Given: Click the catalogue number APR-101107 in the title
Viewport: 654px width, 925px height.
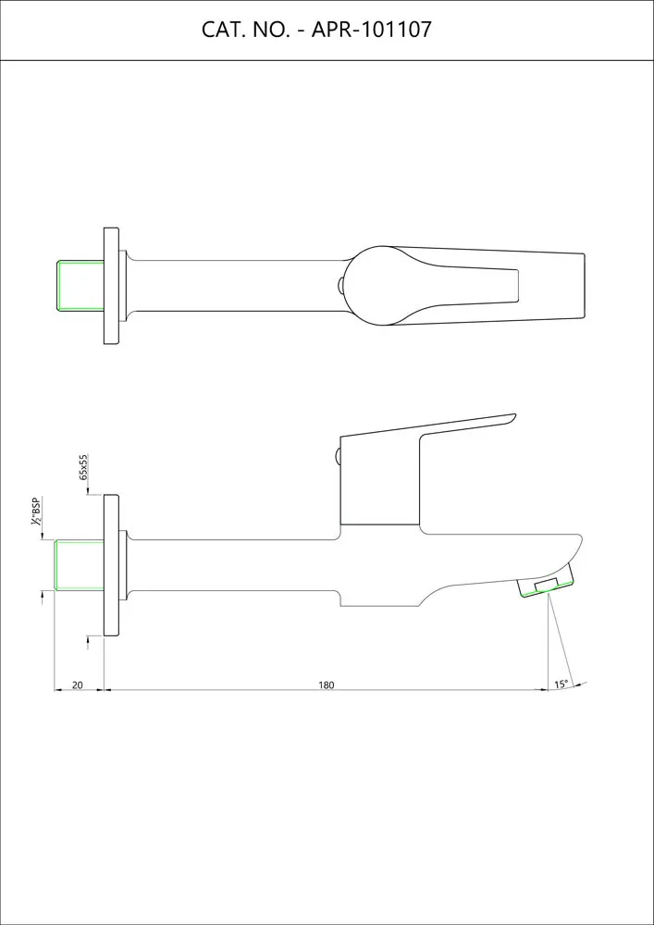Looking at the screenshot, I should pyautogui.click(x=372, y=30).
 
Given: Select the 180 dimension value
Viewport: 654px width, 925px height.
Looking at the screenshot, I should pyautogui.click(x=326, y=685).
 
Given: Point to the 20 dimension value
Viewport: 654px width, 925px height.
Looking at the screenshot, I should pyautogui.click(x=78, y=685).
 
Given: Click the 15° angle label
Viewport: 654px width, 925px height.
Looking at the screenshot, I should pyautogui.click(x=561, y=684).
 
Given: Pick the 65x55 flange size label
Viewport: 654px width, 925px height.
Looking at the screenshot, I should pyautogui.click(x=83, y=466).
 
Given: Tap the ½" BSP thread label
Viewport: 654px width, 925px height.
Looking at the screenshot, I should pyautogui.click(x=36, y=512).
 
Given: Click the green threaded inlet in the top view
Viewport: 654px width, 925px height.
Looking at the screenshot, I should pyautogui.click(x=80, y=285).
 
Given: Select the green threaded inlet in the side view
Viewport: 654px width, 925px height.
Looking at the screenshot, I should pyautogui.click(x=80, y=564).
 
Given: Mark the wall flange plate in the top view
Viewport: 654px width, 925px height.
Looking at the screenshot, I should pyautogui.click(x=111, y=285).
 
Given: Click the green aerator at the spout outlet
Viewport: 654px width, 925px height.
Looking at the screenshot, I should pyautogui.click(x=546, y=586).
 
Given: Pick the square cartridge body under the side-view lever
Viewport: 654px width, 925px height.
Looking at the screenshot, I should pyautogui.click(x=379, y=486).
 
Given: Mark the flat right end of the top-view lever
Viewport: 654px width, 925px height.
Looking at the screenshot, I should pyautogui.click(x=583, y=285).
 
